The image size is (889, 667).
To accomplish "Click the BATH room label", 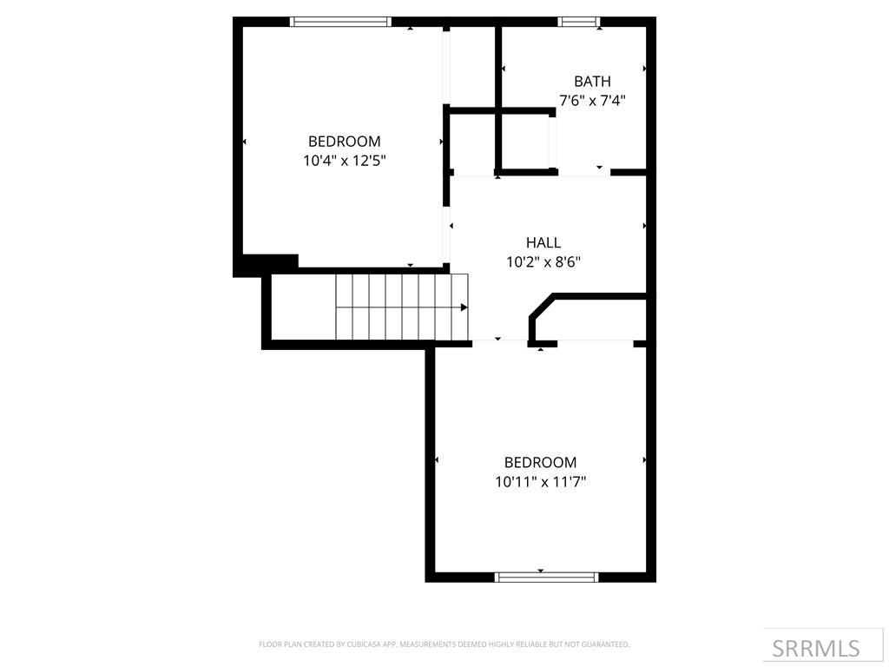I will click(x=592, y=82).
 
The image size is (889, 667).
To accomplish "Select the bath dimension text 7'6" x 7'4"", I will click(x=592, y=101).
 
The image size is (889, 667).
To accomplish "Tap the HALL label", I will click(x=543, y=243).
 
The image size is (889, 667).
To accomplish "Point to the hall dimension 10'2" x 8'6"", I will click(x=543, y=261).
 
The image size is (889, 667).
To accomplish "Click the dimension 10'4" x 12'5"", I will click(x=345, y=161).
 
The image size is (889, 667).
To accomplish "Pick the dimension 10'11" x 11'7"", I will click(x=541, y=481).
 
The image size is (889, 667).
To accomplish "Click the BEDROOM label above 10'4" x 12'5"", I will click(x=345, y=142).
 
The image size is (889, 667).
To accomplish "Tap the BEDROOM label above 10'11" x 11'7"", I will click(x=541, y=462).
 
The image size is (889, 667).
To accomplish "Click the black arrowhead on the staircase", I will click(x=464, y=307).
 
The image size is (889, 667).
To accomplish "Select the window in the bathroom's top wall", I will click(x=579, y=22).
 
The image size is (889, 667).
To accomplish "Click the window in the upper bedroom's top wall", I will click(x=340, y=22).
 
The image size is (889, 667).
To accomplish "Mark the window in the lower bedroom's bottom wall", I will click(x=546, y=577).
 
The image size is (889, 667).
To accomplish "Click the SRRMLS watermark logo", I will click(x=816, y=648).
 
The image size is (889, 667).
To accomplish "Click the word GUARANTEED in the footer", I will click(x=606, y=644).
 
